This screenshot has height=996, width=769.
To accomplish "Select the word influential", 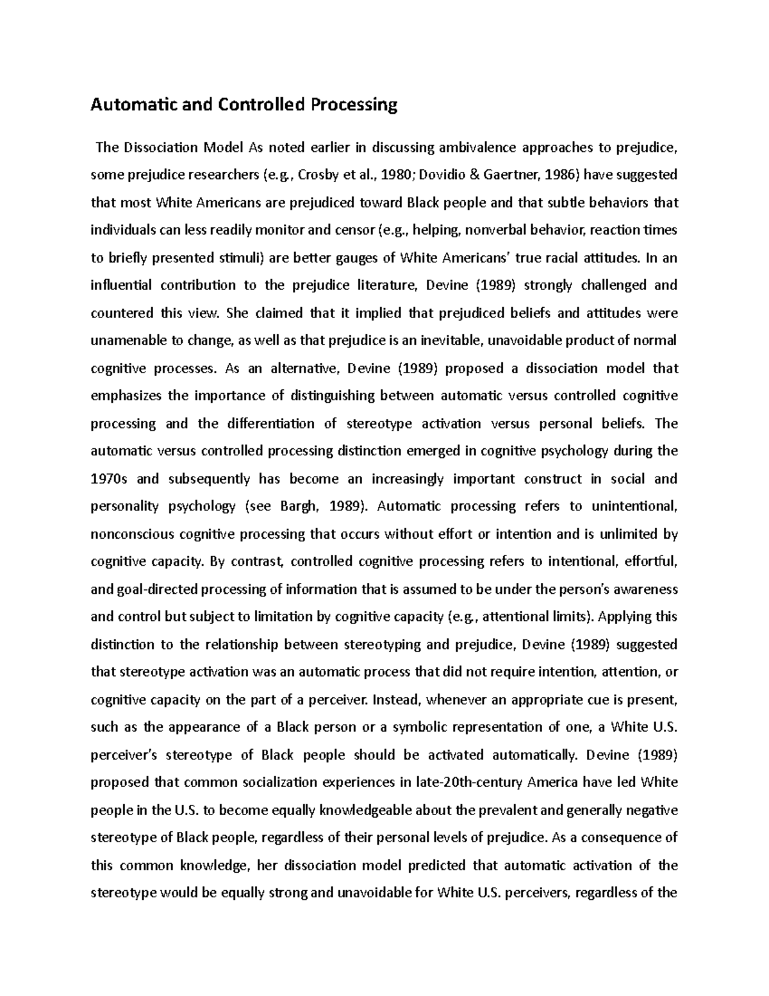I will pyautogui.click(x=121, y=285).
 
